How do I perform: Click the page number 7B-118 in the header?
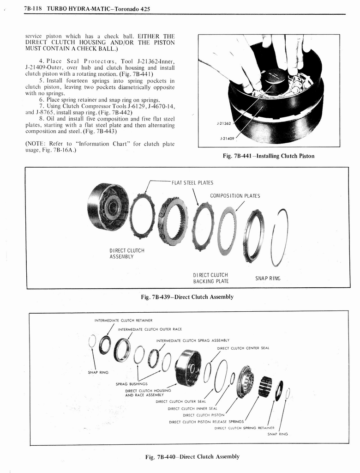[34, 9]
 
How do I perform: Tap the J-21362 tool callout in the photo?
[224, 123]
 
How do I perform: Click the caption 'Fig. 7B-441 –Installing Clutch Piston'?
[268, 156]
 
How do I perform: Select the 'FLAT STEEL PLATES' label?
[192, 182]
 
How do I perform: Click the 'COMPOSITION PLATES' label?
[235, 196]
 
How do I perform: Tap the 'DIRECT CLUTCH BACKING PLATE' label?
[211, 278]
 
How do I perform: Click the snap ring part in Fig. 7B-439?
[279, 237]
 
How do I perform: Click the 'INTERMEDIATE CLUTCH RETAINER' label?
[123, 320]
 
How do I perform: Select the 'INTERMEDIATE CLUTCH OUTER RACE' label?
[150, 329]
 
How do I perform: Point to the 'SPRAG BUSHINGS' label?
[132, 383]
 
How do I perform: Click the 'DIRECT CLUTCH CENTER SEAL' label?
[243, 348]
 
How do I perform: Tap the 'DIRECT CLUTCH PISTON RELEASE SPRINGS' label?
[206, 422]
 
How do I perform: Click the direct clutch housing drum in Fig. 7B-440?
[188, 368]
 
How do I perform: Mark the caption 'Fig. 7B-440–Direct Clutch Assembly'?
[192, 457]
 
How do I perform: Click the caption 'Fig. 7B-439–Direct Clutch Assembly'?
[187, 297]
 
